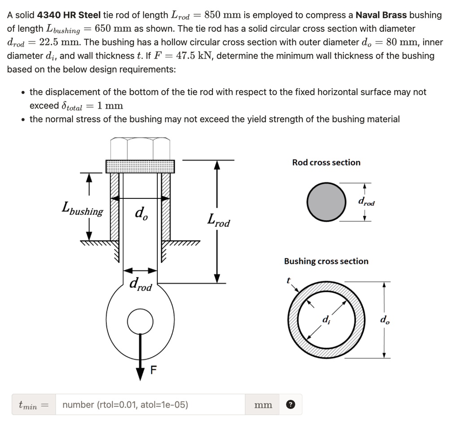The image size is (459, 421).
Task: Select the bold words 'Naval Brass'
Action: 381,15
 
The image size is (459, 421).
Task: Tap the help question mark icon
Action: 290,405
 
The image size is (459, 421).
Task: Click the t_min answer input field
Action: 150,405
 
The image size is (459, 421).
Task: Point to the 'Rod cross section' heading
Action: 326,163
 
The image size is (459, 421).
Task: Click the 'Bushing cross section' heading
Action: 326,261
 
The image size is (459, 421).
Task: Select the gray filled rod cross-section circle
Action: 327,202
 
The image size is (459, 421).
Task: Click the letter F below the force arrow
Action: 154,370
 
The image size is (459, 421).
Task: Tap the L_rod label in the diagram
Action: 218,220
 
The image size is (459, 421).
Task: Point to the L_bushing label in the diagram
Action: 82,210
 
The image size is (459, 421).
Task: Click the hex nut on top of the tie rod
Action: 140,148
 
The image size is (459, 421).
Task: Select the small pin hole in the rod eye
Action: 140,322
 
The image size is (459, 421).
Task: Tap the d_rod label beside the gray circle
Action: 366,202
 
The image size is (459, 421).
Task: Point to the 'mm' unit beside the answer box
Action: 263,405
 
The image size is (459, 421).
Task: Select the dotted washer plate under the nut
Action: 140,166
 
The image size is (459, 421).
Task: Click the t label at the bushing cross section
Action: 289,281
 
